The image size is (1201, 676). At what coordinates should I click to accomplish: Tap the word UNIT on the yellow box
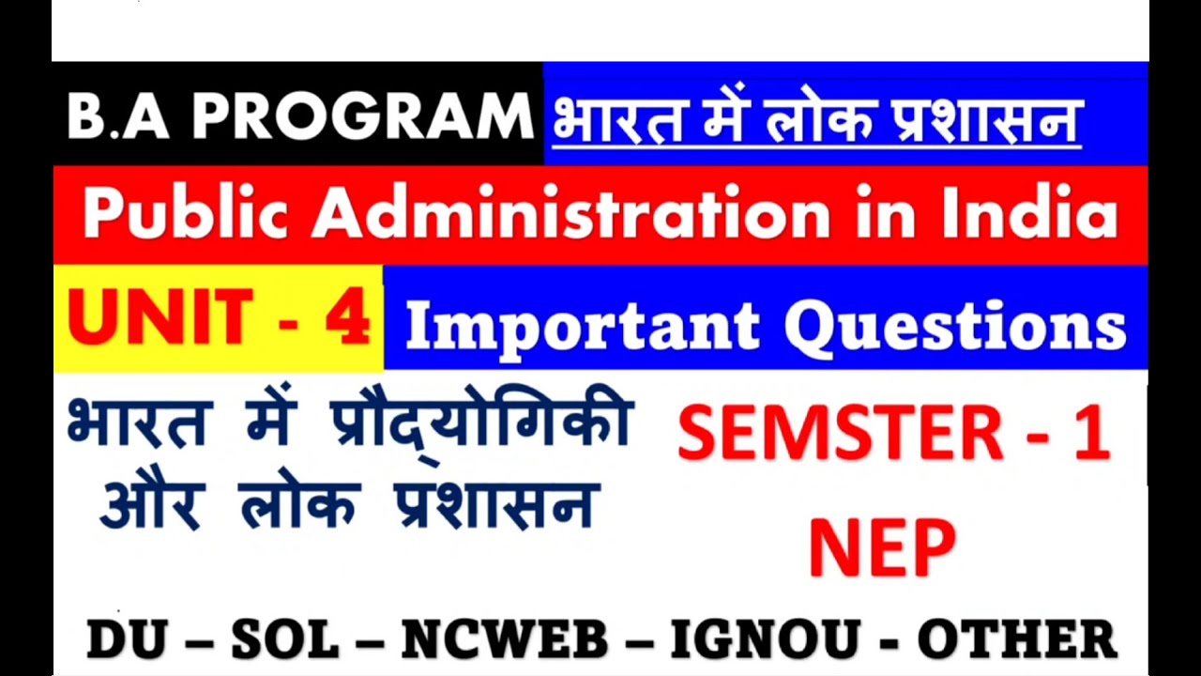pos(160,317)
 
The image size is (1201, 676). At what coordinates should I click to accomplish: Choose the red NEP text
pos(882,548)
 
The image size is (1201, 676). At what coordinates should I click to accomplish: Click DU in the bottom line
pos(126,639)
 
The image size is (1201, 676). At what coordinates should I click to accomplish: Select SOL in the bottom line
pos(285,639)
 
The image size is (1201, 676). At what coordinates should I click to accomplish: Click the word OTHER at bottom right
pos(1017,639)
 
